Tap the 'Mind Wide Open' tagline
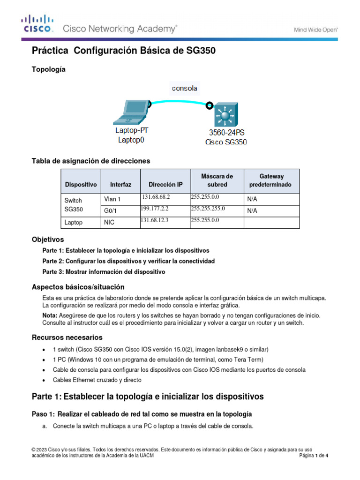click(x=316, y=29)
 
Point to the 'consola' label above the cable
click(x=185, y=88)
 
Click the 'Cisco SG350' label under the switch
click(x=226, y=142)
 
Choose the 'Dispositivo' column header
click(x=81, y=185)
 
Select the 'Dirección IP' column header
click(x=165, y=185)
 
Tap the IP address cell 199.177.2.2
click(x=155, y=209)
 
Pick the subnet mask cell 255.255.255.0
click(x=208, y=209)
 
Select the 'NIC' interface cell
click(x=109, y=223)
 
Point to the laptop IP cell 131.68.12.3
click(x=155, y=220)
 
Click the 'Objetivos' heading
click(x=47, y=239)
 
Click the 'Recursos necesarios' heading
click(x=67, y=337)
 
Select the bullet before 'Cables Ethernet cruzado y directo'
click(x=44, y=380)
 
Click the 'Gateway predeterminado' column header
click(x=271, y=180)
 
